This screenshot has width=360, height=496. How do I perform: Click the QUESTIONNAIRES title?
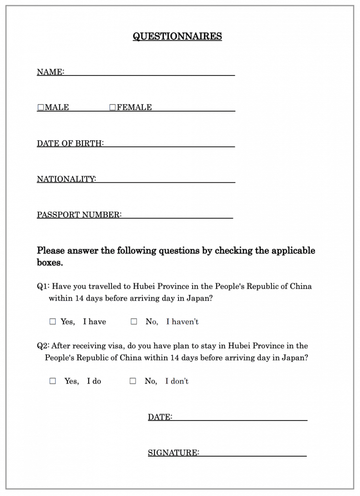pos(177,37)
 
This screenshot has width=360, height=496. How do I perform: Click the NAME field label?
pos(50,72)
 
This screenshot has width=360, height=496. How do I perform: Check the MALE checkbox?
pos(40,107)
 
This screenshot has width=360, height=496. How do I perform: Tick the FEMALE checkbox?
pos(112,107)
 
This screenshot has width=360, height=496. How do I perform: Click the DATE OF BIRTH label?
pos(70,143)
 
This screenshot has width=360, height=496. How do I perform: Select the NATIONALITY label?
pos(66,179)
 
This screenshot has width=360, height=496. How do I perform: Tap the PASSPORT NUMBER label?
pos(79,215)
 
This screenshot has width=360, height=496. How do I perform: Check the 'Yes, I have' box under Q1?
pos(52,322)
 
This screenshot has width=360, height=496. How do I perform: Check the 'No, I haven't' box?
pos(134,322)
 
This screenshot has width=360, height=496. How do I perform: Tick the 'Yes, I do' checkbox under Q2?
pos(52,381)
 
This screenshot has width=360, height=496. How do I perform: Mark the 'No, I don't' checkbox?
pos(133,381)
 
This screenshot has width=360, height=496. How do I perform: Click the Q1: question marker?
pos(43,286)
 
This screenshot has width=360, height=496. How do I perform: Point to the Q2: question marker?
pos(43,346)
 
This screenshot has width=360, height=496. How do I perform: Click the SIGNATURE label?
pos(173,453)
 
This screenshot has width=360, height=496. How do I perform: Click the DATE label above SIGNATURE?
pos(159,417)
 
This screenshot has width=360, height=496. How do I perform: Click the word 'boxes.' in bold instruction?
pos(50,263)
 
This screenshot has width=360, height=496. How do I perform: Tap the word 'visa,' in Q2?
pos(116,346)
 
